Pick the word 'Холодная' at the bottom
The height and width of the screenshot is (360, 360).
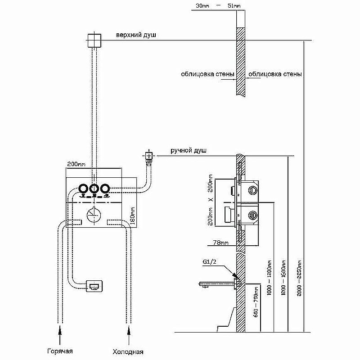coord(129,351)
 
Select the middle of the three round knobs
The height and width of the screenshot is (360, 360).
coord(94,189)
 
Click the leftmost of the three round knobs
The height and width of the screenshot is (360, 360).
coord(84,189)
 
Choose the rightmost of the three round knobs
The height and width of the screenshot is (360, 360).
coord(104,189)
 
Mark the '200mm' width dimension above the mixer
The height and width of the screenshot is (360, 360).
coord(76,165)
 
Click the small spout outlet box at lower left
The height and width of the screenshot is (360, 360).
coord(95,286)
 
